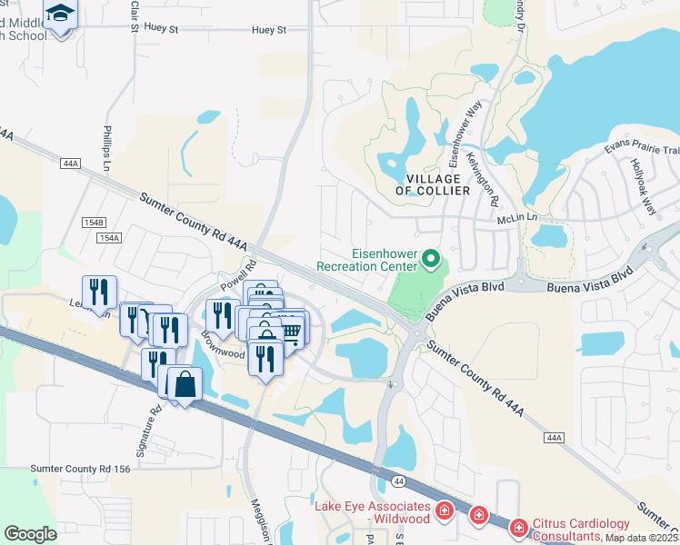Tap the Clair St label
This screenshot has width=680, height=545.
coord(134,15)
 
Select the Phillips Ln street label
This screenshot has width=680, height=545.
coord(107,148)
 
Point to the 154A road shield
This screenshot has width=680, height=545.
coord(107,237)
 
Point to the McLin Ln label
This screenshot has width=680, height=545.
coord(518,219)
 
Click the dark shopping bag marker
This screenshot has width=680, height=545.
coord(185,384)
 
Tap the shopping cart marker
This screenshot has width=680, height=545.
coord(290,332)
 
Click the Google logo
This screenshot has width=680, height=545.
coord(30,533)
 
